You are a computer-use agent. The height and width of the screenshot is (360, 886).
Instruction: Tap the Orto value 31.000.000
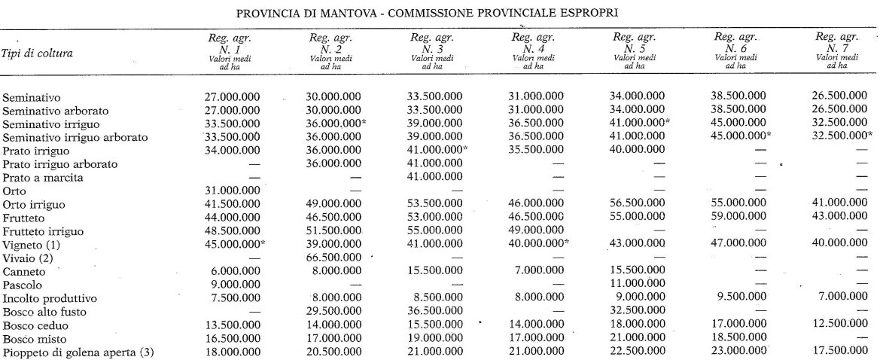click(233, 191)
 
